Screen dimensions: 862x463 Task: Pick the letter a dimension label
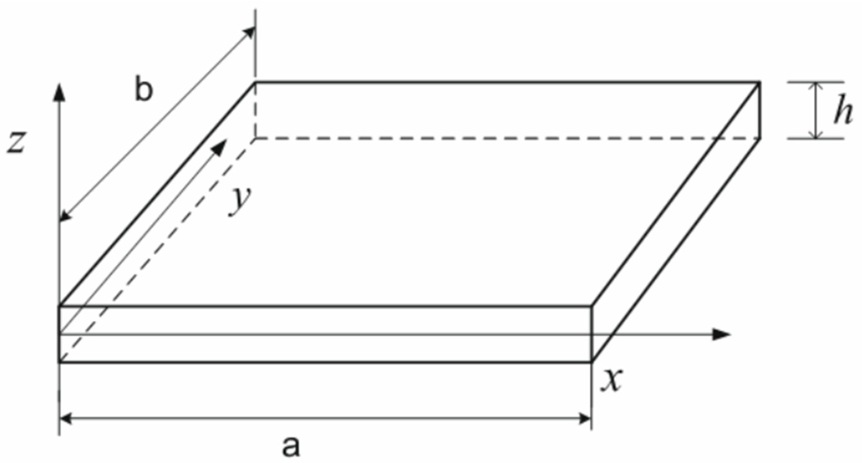pyautogui.click(x=291, y=446)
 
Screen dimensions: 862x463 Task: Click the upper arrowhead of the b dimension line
pyautogui.click(x=250, y=32)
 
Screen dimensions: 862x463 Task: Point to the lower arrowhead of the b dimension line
pyautogui.click(x=65, y=217)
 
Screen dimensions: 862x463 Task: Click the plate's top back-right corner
pyautogui.click(x=759, y=82)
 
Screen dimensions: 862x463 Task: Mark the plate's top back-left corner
pyautogui.click(x=255, y=82)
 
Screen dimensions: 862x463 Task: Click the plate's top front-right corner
pyautogui.click(x=592, y=306)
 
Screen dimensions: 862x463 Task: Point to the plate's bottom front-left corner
pyautogui.click(x=59, y=362)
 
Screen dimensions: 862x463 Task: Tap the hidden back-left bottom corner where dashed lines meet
pyautogui.click(x=255, y=138)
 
